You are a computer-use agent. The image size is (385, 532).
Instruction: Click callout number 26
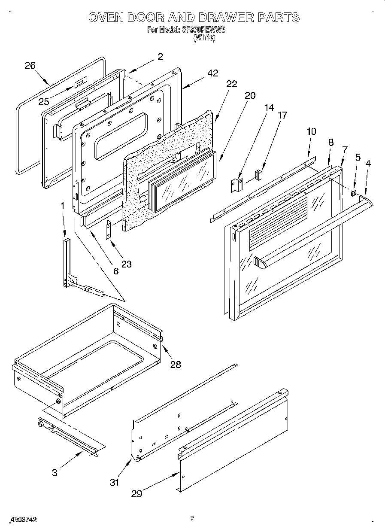pos(30,65)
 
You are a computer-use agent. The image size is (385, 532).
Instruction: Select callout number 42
pos(212,73)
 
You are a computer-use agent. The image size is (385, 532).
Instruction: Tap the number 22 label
pos(231,84)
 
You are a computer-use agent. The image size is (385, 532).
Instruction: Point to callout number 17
pos(282,115)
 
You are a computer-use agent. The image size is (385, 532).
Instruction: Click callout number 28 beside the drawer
pos(175,365)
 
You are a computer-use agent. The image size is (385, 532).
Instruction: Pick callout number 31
pos(114,483)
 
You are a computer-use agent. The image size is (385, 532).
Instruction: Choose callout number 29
pos(136,494)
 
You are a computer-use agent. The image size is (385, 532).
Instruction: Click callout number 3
pos(55,473)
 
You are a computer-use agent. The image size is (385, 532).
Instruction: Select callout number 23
pos(126,264)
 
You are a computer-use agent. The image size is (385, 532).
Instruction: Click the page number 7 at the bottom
pos(192,519)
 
